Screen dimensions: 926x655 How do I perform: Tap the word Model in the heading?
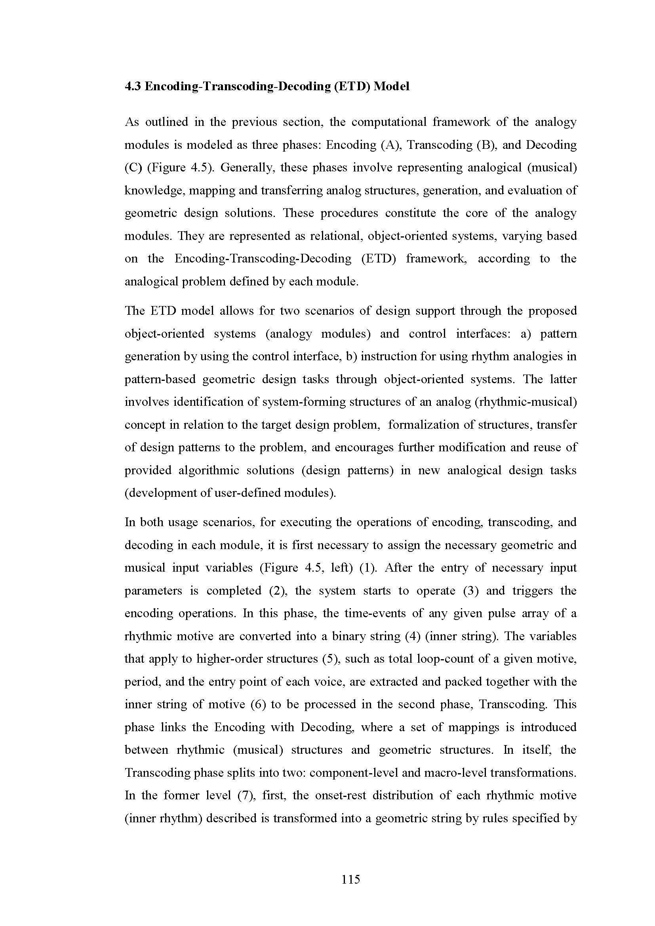pyautogui.click(x=391, y=86)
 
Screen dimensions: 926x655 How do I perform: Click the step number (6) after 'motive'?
pyautogui.click(x=257, y=704)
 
